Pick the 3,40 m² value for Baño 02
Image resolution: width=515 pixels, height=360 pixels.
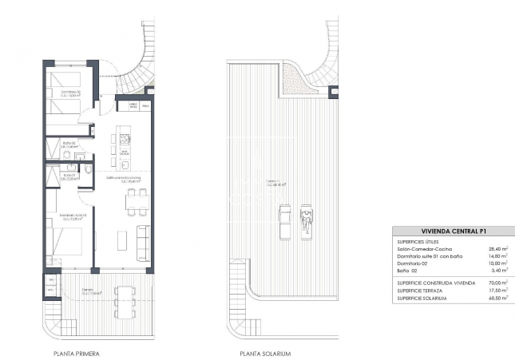tap(498, 271)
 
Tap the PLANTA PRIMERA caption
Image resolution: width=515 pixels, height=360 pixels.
tap(77, 352)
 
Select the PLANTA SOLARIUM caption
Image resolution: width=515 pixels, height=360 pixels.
tap(265, 352)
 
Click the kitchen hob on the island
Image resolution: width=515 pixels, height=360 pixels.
tap(125, 139)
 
